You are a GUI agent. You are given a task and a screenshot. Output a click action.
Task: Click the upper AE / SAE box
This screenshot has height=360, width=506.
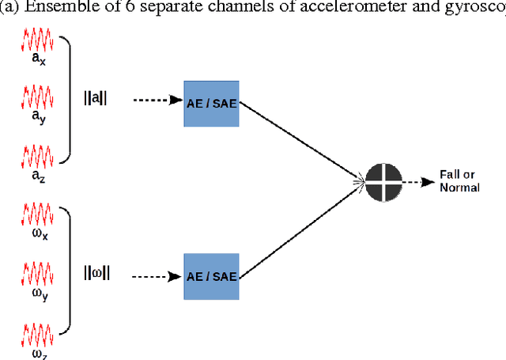click(211, 103)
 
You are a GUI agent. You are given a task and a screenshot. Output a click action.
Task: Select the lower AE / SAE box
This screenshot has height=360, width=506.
click(211, 276)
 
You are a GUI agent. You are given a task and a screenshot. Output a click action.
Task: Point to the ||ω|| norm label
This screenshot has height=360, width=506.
click(97, 273)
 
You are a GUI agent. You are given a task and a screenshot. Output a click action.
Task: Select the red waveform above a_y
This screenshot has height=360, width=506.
click(37, 97)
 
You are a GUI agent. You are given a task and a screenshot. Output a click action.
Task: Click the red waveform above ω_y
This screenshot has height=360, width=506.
click(37, 271)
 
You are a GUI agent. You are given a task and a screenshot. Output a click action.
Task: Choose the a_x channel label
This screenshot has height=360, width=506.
click(37, 60)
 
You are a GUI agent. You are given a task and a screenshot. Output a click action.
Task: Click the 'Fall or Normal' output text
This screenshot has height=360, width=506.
click(459, 183)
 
